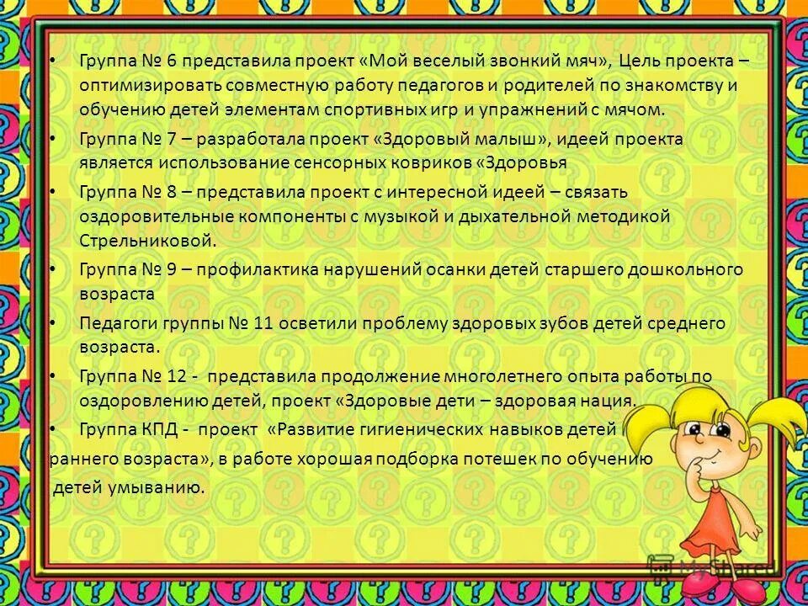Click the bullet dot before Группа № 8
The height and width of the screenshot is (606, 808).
coord(52,192)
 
